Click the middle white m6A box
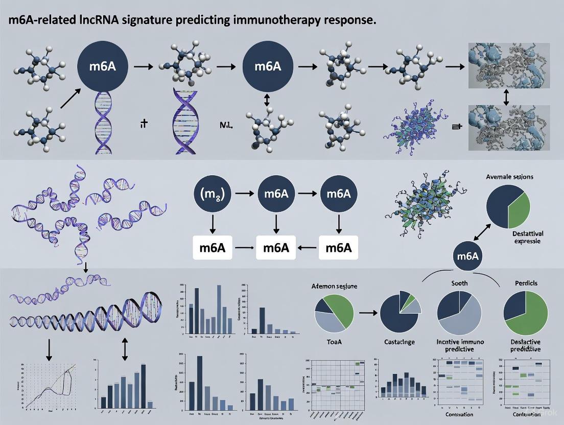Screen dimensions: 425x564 (276, 248)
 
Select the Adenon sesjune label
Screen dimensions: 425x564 (334, 287)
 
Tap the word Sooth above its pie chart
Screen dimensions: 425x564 (459, 283)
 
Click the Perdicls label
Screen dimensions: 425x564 (525, 283)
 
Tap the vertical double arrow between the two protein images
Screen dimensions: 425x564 (506, 96)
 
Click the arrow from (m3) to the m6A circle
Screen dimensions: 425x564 (242, 195)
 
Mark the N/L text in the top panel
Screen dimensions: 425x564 (226, 124)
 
